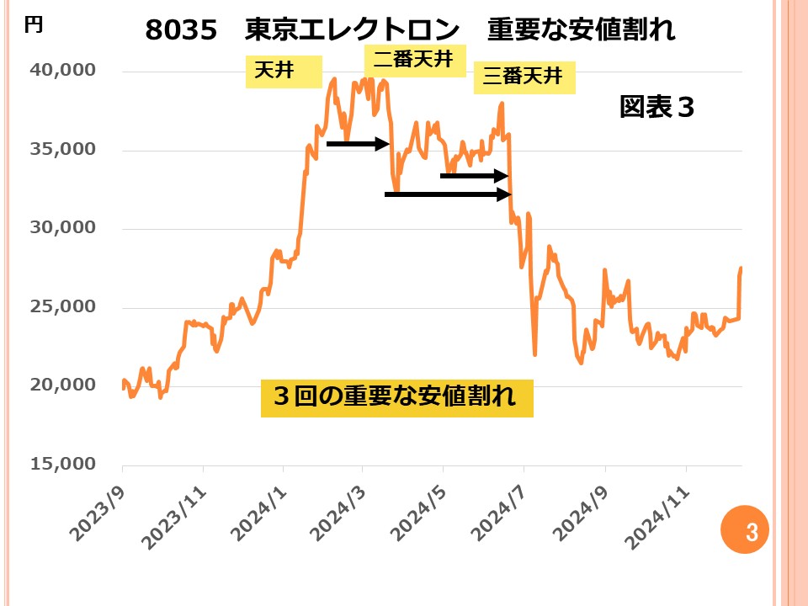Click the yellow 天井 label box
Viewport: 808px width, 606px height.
tap(284, 72)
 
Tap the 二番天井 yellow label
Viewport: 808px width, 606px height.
tap(414, 60)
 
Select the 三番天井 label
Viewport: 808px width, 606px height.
tap(523, 77)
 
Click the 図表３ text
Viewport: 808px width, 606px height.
tap(656, 107)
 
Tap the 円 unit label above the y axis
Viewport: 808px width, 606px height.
tap(33, 24)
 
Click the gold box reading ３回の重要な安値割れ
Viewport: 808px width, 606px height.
tap(397, 396)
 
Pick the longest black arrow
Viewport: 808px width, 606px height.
tap(448, 194)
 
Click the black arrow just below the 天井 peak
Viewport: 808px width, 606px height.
tap(357, 144)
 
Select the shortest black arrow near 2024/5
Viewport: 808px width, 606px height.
tap(475, 176)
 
